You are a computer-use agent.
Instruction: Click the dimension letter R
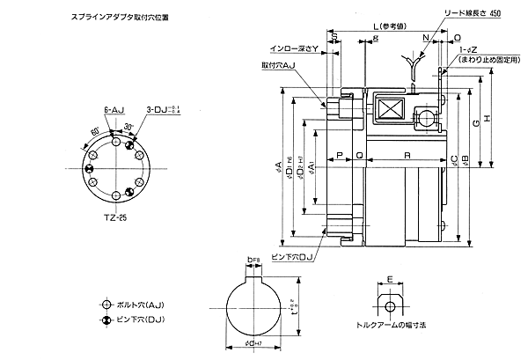406,154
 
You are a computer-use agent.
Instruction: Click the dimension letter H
487,119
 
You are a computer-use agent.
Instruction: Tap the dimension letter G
475,128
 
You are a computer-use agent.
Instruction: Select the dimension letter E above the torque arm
389,281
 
